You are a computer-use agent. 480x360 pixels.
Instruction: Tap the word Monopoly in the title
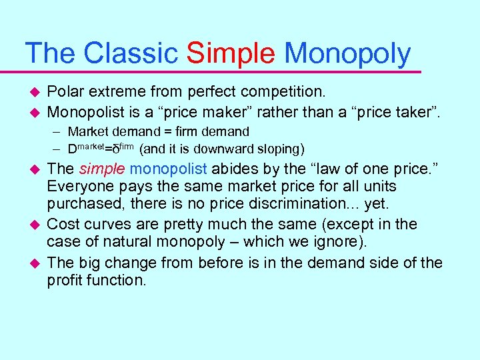click(347, 54)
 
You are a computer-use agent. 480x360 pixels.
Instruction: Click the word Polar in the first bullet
click(64, 92)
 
